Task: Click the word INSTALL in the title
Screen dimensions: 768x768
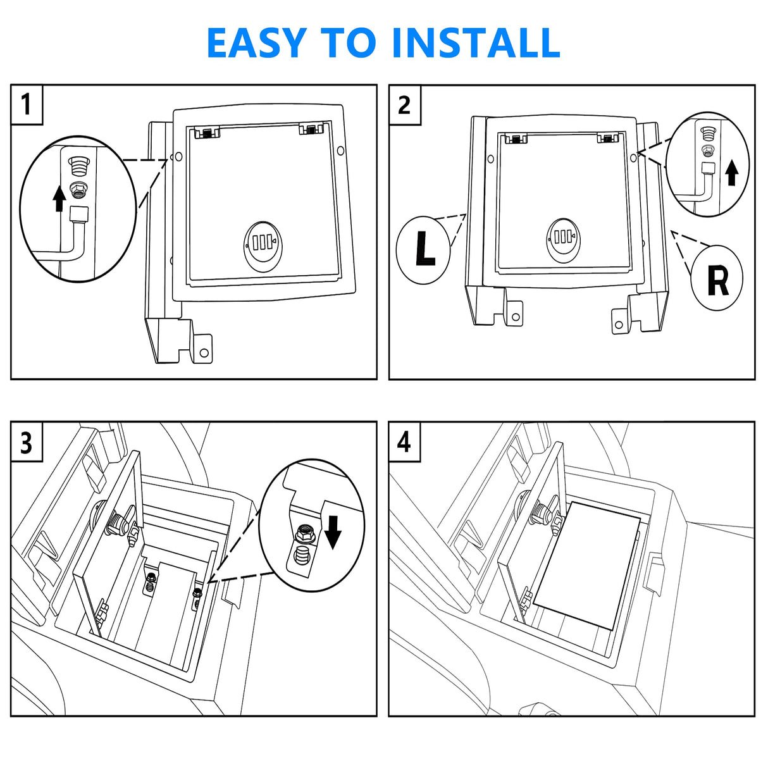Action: (476, 43)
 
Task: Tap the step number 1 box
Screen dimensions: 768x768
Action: (27, 104)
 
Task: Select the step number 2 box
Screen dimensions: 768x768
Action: (404, 104)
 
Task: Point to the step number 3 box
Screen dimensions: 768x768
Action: (27, 443)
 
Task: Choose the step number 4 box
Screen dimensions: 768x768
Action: (404, 442)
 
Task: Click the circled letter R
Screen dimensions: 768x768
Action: (717, 279)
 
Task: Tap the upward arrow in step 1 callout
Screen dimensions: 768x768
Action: (59, 197)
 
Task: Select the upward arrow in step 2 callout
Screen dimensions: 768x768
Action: (731, 172)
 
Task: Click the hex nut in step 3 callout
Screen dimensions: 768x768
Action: (302, 535)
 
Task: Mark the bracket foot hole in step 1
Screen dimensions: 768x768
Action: (204, 352)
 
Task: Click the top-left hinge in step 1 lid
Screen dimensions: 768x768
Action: (207, 132)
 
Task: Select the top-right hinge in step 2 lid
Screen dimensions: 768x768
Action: (608, 137)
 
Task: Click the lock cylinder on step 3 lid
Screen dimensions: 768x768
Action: (118, 523)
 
